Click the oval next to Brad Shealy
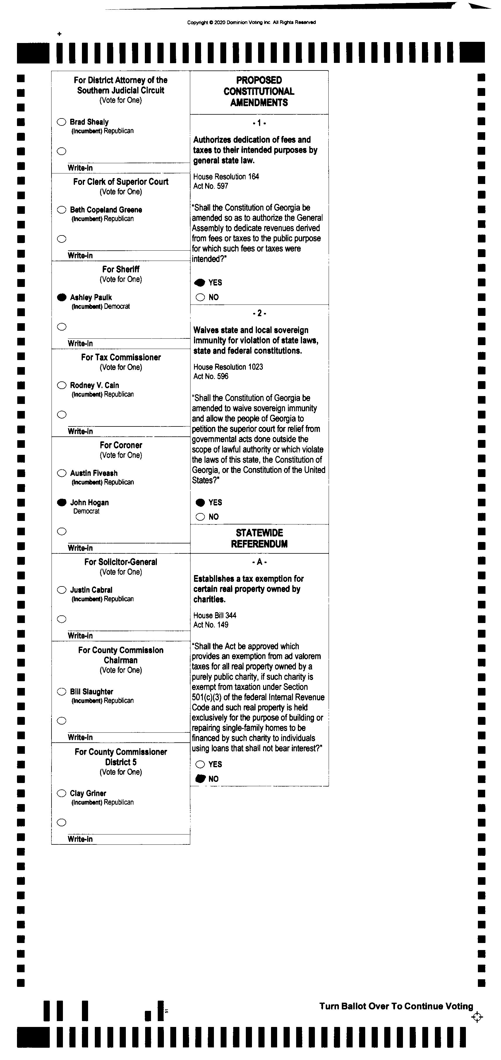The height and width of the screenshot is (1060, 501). [x=61, y=122]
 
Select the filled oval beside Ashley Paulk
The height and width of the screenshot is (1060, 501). [x=61, y=297]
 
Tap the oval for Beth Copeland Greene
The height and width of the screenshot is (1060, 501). [x=61, y=210]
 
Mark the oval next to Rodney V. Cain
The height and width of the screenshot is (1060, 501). [x=61, y=385]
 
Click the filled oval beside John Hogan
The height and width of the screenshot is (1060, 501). [x=61, y=502]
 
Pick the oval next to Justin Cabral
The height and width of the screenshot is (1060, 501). [x=61, y=590]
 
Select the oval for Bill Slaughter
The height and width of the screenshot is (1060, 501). [x=61, y=691]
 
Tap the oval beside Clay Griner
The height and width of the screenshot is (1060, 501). [x=61, y=793]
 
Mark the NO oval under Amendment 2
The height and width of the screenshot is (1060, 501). [x=200, y=517]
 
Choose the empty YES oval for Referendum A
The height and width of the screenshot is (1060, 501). [x=200, y=764]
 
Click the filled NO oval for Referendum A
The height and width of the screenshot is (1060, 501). [x=200, y=779]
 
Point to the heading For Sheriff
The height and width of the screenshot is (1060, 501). [x=121, y=269]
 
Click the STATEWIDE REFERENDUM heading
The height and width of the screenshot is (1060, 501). [x=259, y=538]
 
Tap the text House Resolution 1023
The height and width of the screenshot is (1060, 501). [x=228, y=366]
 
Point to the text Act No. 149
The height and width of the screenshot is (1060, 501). [x=211, y=625]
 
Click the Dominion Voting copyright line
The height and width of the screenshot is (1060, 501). [x=251, y=22]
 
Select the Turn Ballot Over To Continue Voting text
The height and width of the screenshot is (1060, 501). [x=396, y=1006]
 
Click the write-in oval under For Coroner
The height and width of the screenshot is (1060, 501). [x=61, y=531]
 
